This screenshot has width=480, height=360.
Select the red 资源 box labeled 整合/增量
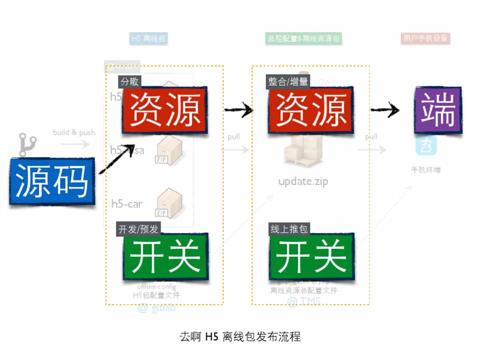[311, 111]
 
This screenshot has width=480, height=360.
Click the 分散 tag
[129, 81]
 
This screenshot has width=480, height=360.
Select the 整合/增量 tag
[288, 81]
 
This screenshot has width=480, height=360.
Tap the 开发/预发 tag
[138, 229]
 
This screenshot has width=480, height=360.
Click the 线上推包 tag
[289, 229]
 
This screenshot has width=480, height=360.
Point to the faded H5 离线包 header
[148, 38]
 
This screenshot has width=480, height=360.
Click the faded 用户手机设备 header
[425, 38]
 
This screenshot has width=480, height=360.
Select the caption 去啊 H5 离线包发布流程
[240, 336]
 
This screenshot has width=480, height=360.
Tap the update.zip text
[303, 181]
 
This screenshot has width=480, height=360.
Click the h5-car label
[127, 203]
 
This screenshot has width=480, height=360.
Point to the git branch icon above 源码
[25, 145]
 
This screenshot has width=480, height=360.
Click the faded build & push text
[74, 132]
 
